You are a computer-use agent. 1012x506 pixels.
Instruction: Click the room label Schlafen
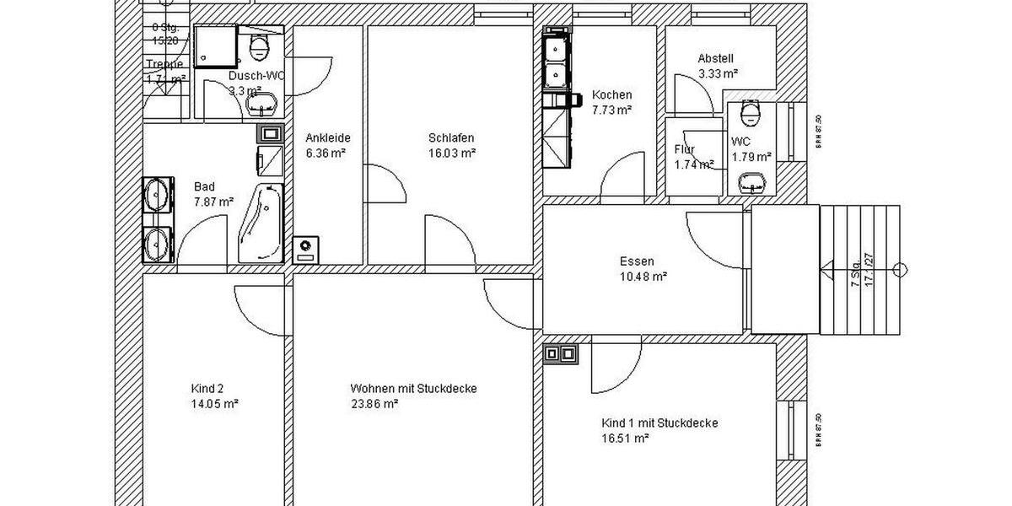click(451, 138)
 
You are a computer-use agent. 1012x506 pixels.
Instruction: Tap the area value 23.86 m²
click(374, 404)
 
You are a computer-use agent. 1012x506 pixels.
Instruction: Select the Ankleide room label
click(328, 138)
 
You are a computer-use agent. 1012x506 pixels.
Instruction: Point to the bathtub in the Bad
click(262, 223)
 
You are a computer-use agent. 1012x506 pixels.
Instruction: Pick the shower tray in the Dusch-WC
click(217, 47)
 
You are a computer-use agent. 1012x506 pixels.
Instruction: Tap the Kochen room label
click(611, 94)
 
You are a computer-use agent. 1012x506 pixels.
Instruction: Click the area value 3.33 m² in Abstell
click(718, 74)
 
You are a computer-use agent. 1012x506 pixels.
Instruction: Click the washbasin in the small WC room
click(750, 180)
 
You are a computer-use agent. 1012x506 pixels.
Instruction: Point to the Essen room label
click(637, 261)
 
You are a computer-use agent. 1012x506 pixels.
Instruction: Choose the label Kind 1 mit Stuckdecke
click(660, 423)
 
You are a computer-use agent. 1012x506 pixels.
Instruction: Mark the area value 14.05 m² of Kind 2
click(214, 404)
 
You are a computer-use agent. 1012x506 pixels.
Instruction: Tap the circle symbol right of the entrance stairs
click(900, 270)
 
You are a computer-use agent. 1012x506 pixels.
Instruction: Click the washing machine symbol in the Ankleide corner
click(305, 248)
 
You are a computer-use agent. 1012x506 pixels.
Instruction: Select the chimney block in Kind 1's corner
click(562, 353)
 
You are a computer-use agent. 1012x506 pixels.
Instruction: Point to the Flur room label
click(684, 150)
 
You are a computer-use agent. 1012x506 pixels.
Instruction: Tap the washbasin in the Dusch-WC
click(261, 105)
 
